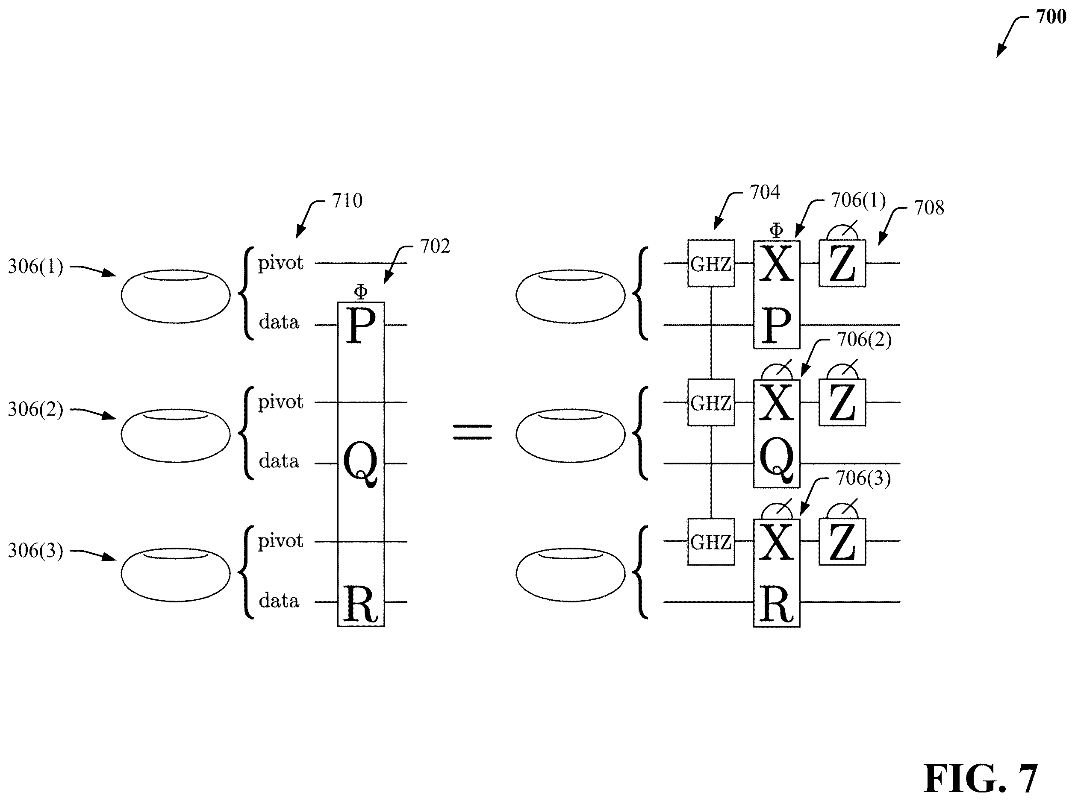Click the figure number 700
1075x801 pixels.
(1051, 17)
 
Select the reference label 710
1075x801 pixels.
(347, 200)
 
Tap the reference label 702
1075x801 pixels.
(435, 246)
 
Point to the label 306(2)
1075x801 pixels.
(35, 409)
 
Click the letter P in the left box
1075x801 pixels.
(361, 326)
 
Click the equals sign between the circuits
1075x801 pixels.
(472, 432)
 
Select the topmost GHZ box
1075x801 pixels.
(711, 263)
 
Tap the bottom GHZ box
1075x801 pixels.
(711, 542)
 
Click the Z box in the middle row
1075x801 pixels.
(842, 402)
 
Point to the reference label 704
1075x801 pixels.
(765, 193)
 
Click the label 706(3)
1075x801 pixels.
(863, 478)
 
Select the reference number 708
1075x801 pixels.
(928, 208)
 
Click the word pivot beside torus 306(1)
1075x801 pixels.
(280, 263)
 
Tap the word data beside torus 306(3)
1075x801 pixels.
(279, 601)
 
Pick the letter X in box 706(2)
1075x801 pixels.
(777, 402)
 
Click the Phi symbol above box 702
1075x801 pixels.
(360, 292)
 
